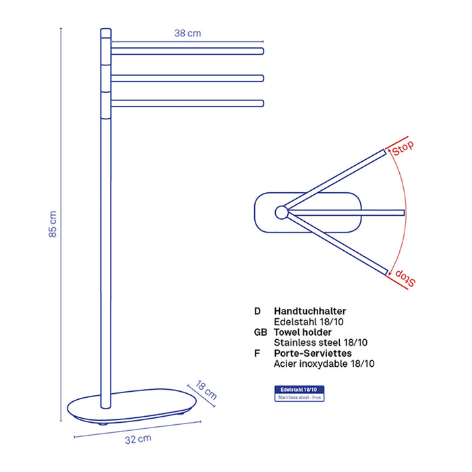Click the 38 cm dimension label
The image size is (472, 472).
[187, 33]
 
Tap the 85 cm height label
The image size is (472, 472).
[53, 224]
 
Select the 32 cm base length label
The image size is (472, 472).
[138, 439]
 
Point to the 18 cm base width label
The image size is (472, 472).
[206, 390]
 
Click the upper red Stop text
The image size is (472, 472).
[403, 148]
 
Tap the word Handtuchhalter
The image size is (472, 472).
[309, 311]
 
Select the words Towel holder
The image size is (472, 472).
[303, 332]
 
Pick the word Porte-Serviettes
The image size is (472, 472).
[313, 353]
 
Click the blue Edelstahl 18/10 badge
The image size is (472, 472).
[299, 393]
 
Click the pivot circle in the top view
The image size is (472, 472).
[281, 212]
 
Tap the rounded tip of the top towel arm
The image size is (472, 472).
[262, 51]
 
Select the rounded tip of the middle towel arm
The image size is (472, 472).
[262, 78]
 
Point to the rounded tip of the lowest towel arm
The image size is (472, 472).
[262, 103]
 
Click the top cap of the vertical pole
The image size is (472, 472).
[106, 33]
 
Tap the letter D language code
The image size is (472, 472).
[258, 311]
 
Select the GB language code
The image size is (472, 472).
[260, 332]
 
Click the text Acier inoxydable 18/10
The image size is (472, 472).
[324, 363]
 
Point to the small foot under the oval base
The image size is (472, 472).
[103, 424]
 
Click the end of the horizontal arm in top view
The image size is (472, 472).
[404, 213]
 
